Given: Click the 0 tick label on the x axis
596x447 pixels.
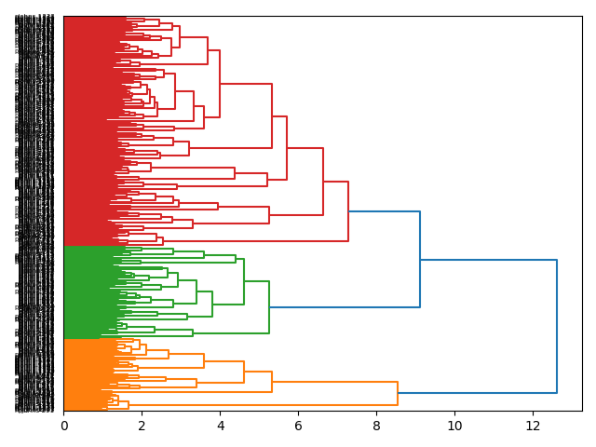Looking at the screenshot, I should pyautogui.click(x=63, y=426).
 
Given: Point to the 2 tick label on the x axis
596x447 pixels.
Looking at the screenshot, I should pyautogui.click(x=142, y=426).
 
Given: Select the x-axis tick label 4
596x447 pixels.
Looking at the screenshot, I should pyautogui.click(x=220, y=426).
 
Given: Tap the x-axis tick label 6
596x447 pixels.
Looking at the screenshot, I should pyautogui.click(x=298, y=426).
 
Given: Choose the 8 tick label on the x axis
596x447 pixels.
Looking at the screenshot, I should pyautogui.click(x=376, y=426).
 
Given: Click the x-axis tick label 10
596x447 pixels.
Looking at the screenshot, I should pyautogui.click(x=454, y=426).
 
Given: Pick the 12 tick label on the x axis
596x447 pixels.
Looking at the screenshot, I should pyautogui.click(x=533, y=426).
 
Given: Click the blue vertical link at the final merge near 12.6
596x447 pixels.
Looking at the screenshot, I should pyautogui.click(x=557, y=326).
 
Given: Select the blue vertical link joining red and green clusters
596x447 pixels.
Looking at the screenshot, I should pyautogui.click(x=420, y=260).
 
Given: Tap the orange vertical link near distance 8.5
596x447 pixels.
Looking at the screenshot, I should pyautogui.click(x=398, y=393).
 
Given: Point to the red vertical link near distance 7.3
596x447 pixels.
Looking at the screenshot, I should pyautogui.click(x=348, y=211).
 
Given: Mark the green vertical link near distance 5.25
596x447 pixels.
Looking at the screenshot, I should pyautogui.click(x=269, y=307).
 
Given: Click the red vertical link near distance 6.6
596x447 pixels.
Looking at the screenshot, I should pyautogui.click(x=323, y=182).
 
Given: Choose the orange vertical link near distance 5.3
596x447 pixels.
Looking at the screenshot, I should pyautogui.click(x=272, y=382).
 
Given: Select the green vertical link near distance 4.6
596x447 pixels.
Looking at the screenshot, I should pyautogui.click(x=244, y=281).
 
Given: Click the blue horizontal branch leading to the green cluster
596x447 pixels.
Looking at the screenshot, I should pyautogui.click(x=345, y=307).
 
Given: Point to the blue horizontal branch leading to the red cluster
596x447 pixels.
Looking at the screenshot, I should pyautogui.click(x=384, y=211).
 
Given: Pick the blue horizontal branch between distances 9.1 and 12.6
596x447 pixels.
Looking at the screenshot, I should pyautogui.click(x=488, y=260).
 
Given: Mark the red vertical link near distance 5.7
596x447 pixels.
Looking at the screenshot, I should pyautogui.click(x=287, y=148).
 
